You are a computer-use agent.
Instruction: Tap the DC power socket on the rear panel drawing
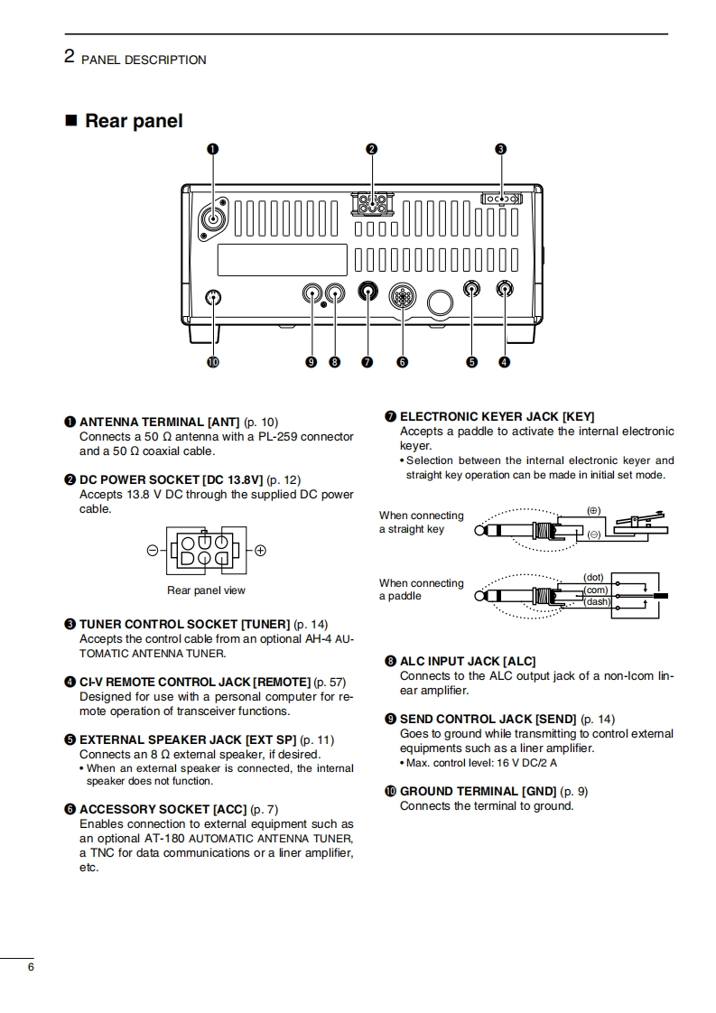click(x=372, y=203)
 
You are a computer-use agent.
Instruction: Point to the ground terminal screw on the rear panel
click(x=214, y=297)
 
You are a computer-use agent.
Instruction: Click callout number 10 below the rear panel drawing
click(x=214, y=362)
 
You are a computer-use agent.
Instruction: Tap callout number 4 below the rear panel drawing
click(x=504, y=362)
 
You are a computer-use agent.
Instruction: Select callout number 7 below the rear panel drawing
click(x=367, y=362)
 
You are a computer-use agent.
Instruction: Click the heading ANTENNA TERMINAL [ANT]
click(x=160, y=422)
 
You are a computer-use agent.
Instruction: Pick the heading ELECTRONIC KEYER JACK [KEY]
click(x=497, y=416)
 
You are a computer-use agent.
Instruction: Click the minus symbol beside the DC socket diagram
click(x=153, y=550)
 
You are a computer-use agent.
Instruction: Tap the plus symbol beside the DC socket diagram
click(x=260, y=550)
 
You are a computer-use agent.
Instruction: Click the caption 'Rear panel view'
click(x=206, y=590)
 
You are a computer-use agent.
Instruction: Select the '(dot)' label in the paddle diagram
click(x=593, y=577)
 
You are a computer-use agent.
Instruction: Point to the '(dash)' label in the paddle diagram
click(x=597, y=601)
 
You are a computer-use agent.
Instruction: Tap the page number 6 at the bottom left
click(x=31, y=967)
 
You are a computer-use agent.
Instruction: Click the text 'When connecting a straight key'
click(x=421, y=522)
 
